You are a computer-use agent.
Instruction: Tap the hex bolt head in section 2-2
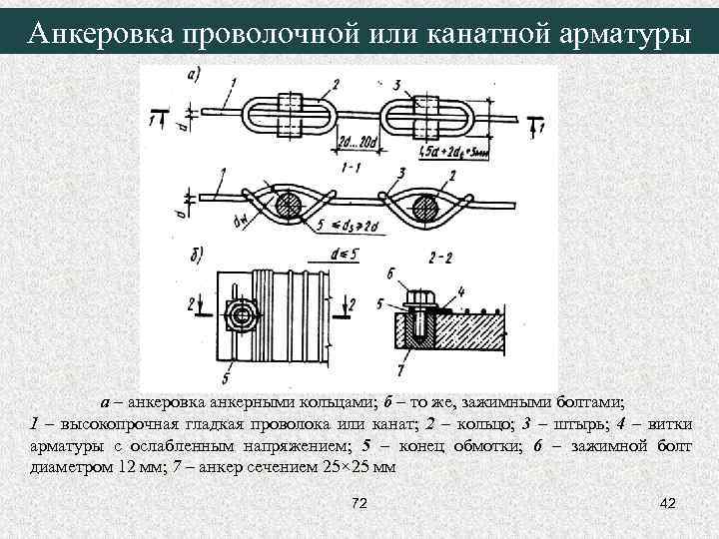[421, 296]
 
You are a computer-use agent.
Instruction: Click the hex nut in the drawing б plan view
[240, 317]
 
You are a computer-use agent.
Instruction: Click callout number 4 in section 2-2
[461, 290]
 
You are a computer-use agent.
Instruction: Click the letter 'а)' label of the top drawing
[194, 74]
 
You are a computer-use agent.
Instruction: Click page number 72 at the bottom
[360, 503]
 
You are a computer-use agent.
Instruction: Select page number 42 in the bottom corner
[667, 503]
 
